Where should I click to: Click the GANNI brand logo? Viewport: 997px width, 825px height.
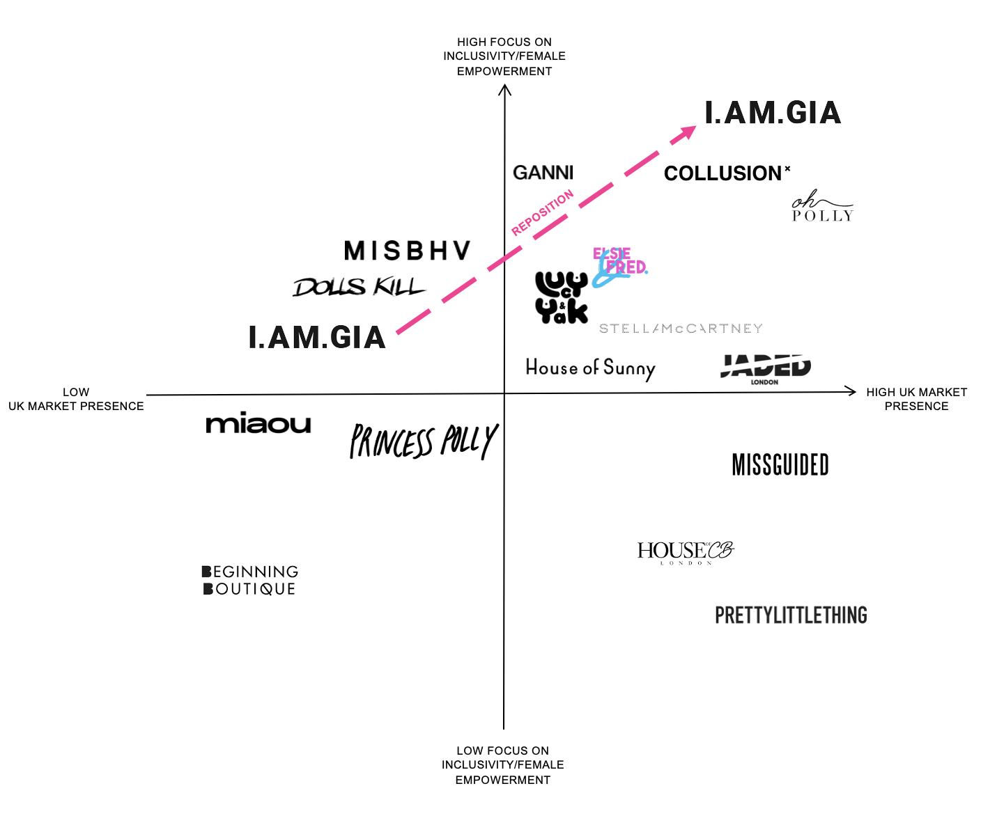[x=543, y=172]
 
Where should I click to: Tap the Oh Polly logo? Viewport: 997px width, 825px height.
[x=822, y=209]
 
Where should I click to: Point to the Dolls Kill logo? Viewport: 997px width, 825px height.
[x=359, y=287]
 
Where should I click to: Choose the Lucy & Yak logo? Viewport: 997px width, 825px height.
[x=562, y=297]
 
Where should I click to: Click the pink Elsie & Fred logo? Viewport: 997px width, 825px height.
[x=619, y=263]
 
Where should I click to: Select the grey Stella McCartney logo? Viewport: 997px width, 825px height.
[x=681, y=329]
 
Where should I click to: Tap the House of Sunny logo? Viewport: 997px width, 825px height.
[x=590, y=368]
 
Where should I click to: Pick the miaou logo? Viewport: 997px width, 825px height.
[x=258, y=424]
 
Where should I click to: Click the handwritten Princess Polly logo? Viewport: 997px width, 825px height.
[x=423, y=441]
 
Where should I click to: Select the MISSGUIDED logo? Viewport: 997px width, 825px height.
[x=780, y=465]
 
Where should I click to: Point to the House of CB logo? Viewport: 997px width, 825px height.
[x=686, y=552]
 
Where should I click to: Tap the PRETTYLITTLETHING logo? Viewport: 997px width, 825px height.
[x=791, y=615]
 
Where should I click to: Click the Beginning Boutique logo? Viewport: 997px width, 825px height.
[x=250, y=580]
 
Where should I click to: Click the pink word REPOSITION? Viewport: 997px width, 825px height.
[x=542, y=212]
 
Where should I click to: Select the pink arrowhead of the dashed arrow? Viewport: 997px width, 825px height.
[x=686, y=132]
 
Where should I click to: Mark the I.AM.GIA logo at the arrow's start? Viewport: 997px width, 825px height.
[x=317, y=338]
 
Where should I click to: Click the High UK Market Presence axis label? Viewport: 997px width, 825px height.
[x=916, y=399]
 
